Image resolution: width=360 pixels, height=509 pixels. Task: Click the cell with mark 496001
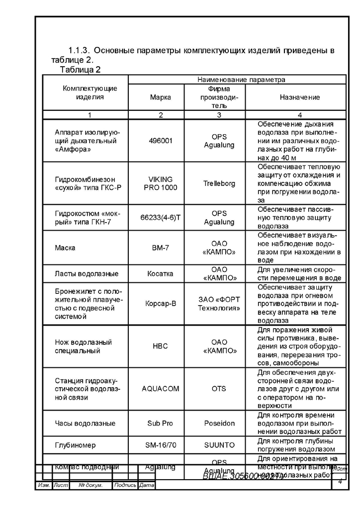[161, 141]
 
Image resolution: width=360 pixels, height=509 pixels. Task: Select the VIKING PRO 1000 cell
[161, 183]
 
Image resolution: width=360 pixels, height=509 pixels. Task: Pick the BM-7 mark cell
[161, 248]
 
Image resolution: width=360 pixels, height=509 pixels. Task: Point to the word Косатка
[161, 273]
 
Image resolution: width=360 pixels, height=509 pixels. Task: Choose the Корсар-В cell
[161, 304]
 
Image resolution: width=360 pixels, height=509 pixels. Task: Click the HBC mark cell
[161, 346]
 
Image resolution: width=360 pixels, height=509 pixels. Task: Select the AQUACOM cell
[161, 389]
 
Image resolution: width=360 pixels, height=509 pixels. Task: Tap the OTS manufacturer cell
[219, 389]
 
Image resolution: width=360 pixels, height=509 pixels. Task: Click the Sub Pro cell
[161, 423]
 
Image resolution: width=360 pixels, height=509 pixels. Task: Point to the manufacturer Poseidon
[219, 423]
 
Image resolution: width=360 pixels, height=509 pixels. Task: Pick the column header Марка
[161, 97]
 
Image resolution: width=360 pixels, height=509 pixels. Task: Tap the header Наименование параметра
[241, 79]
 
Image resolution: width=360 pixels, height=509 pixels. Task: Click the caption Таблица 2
[81, 69]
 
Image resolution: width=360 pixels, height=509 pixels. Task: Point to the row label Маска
[65, 248]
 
